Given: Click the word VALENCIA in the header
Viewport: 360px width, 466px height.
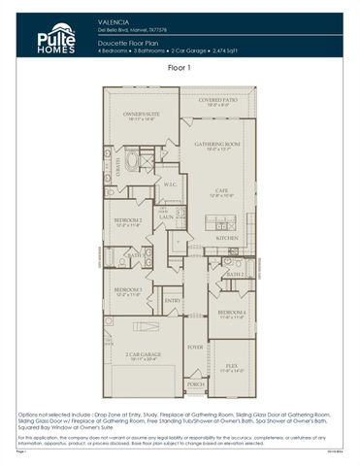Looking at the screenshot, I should pyautogui.click(x=113, y=19).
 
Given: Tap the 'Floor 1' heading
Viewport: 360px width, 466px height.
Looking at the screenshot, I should pyautogui.click(x=180, y=68).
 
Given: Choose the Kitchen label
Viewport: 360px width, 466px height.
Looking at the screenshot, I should pyautogui.click(x=227, y=237).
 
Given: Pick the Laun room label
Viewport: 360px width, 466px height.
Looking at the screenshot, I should pyautogui.click(x=166, y=216).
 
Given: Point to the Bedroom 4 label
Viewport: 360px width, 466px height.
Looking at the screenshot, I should pyautogui.click(x=230, y=313).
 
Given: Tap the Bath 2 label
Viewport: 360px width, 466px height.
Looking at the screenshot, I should pyautogui.click(x=234, y=274).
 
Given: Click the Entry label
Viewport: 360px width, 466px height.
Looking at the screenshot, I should pyautogui.click(x=173, y=301).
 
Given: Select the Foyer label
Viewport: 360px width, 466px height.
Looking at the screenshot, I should pyautogui.click(x=195, y=346).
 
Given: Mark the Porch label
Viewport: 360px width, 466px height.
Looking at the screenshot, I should pyautogui.click(x=195, y=384).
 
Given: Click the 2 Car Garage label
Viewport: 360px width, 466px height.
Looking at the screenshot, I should pyautogui.click(x=142, y=355).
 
